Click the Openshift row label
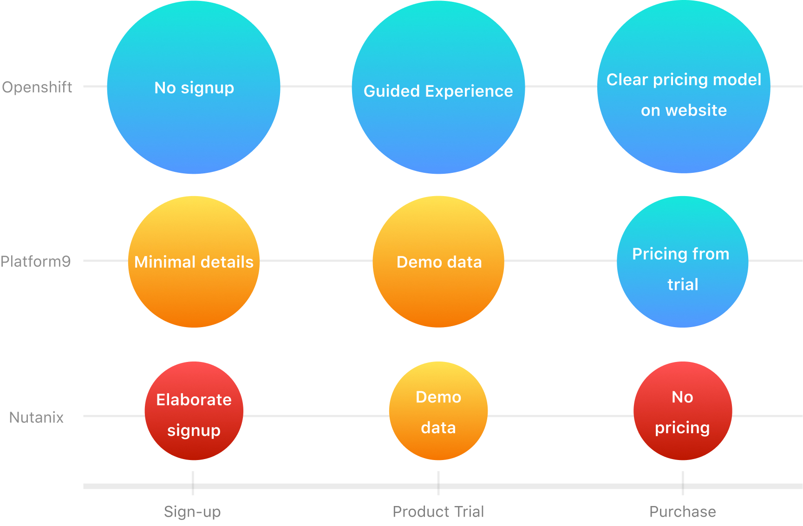pyautogui.click(x=37, y=87)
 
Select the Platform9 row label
pyautogui.click(x=36, y=261)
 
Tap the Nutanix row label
pyautogui.click(x=36, y=417)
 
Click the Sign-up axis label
pyautogui.click(x=192, y=512)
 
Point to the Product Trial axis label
pyautogui.click(x=438, y=512)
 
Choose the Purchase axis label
pyautogui.click(x=683, y=512)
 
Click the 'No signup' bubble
pyautogui.click(x=194, y=87)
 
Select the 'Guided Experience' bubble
pyautogui.click(x=438, y=87)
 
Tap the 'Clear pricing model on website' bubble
pyautogui.click(x=684, y=86)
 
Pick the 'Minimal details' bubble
pyautogui.click(x=194, y=262)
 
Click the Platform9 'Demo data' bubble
pyautogui.click(x=438, y=262)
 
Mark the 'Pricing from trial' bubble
pyautogui.click(x=683, y=262)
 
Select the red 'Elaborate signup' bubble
pyautogui.click(x=194, y=411)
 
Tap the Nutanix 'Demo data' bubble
pyautogui.click(x=438, y=411)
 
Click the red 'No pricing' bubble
pyautogui.click(x=683, y=411)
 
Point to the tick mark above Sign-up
pyautogui.click(x=193, y=483)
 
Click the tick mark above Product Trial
pyautogui.click(x=438, y=483)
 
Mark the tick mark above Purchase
pyautogui.click(x=683, y=483)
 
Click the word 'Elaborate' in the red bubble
pyautogui.click(x=194, y=400)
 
